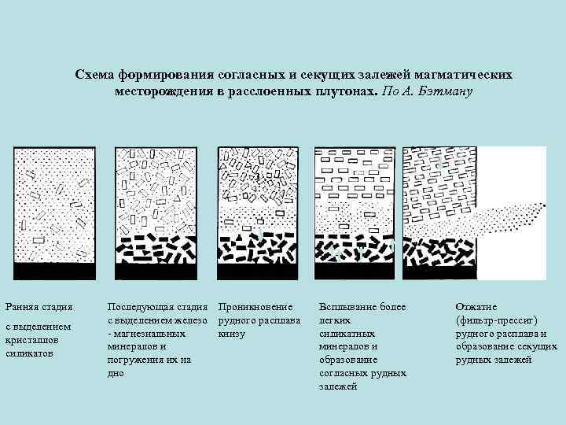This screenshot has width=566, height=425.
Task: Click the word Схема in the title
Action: tap(95, 75)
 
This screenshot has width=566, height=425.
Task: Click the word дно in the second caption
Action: tap(116, 373)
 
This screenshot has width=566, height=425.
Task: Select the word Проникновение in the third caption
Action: tap(256, 306)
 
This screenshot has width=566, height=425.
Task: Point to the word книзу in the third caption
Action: tap(233, 333)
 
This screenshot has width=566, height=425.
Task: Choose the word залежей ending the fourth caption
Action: tap(338, 386)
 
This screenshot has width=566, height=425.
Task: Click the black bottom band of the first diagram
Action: tap(54, 272)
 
